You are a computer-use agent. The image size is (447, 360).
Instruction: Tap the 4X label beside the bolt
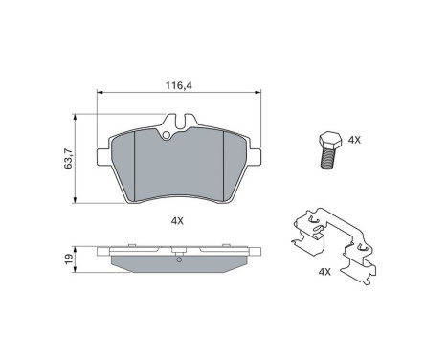tap(353, 140)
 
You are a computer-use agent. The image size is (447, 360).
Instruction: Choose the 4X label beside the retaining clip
tap(324, 272)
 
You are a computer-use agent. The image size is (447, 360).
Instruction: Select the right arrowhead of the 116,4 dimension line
tap(258, 94)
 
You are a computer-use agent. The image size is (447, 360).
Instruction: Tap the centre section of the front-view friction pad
tap(180, 165)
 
